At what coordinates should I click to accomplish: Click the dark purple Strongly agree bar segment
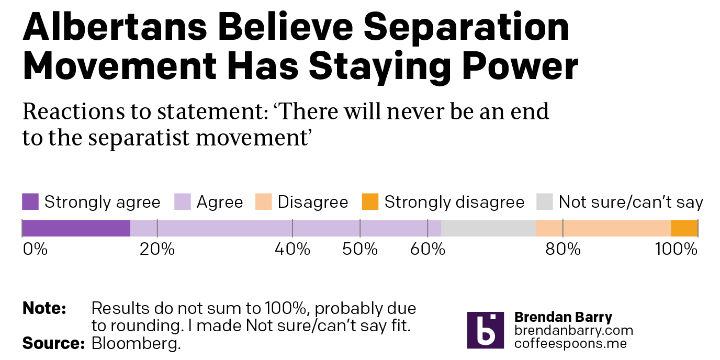click(x=76, y=228)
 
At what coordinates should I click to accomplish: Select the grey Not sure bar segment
click(x=488, y=228)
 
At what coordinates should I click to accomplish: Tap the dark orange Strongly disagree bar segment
click(x=684, y=228)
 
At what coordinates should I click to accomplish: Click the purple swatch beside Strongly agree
click(x=30, y=201)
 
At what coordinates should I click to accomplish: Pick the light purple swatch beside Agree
click(x=183, y=201)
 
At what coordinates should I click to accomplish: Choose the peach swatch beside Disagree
click(x=264, y=201)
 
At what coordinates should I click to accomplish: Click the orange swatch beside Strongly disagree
click(x=370, y=201)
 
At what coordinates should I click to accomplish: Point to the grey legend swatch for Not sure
click(x=545, y=201)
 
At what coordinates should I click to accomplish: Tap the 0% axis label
click(x=35, y=249)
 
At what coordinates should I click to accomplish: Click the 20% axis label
click(x=157, y=249)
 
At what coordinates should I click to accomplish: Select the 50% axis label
click(x=360, y=249)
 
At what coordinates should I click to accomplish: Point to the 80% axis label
click(x=563, y=249)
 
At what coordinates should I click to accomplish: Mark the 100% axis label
click(x=676, y=249)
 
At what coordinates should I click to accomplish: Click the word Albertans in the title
click(x=115, y=27)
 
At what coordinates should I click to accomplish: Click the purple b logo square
click(x=486, y=330)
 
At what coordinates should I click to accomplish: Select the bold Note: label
click(x=44, y=308)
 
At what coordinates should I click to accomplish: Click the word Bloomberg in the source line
click(x=136, y=343)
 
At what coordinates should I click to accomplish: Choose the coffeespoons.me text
click(x=570, y=344)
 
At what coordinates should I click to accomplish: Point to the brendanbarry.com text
click(x=573, y=330)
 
